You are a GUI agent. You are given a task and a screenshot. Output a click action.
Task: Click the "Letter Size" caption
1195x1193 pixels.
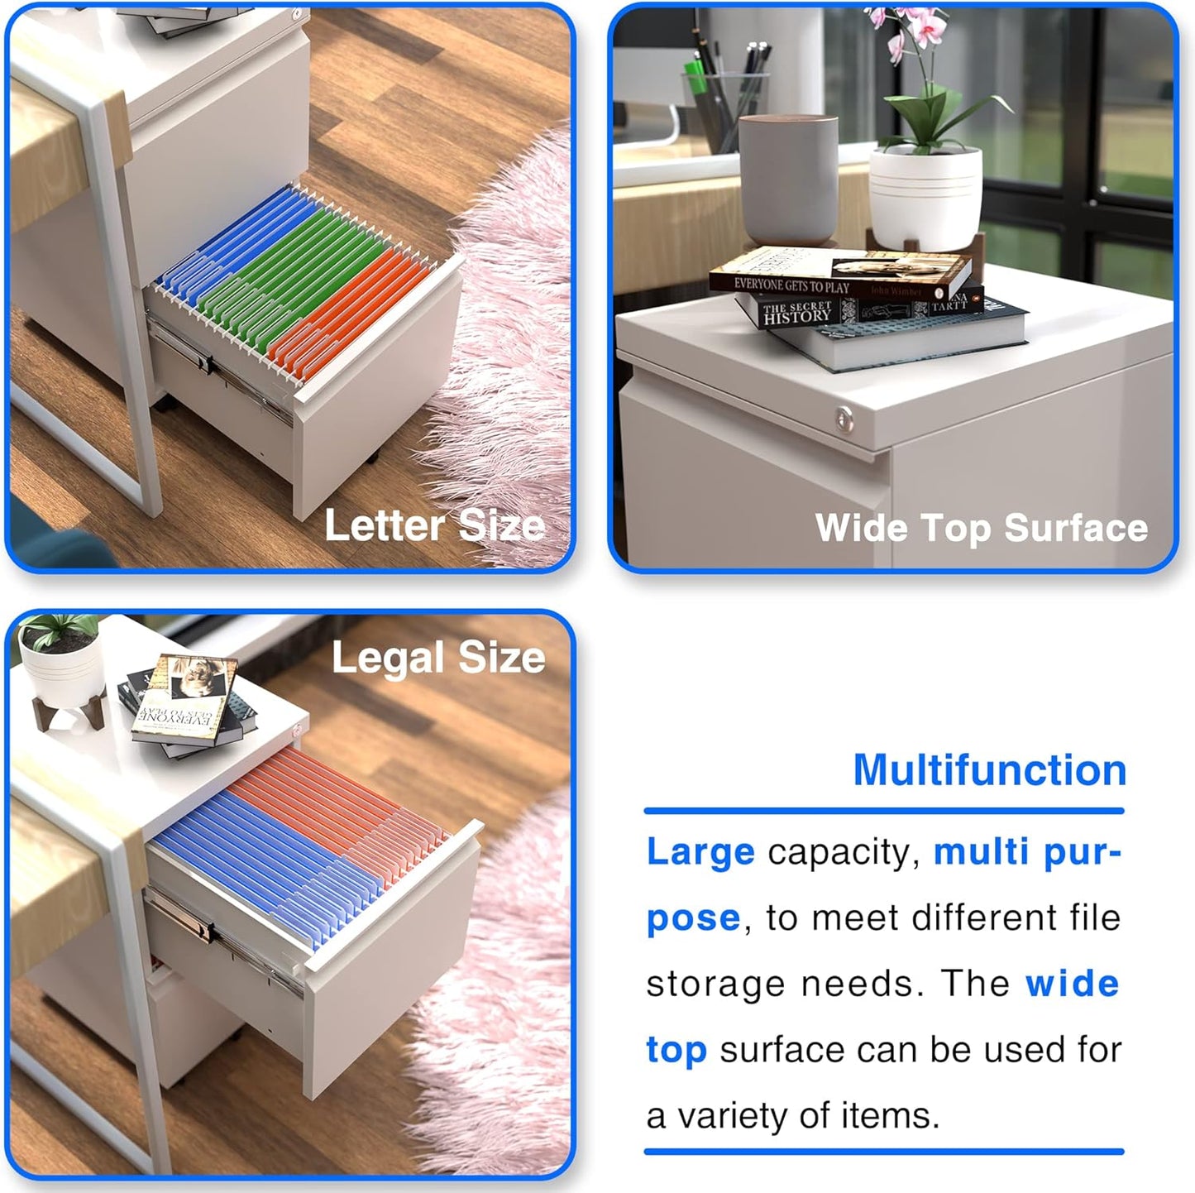(x=434, y=525)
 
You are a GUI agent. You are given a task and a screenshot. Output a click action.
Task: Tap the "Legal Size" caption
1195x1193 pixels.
(x=438, y=659)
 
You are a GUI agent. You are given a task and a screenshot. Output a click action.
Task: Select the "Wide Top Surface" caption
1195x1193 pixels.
(x=981, y=528)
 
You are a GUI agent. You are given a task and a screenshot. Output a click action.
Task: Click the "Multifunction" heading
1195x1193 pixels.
(x=989, y=770)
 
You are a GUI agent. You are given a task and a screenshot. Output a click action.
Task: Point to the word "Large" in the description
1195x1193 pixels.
(x=700, y=852)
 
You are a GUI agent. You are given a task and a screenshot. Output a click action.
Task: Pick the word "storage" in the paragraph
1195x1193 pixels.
(x=716, y=985)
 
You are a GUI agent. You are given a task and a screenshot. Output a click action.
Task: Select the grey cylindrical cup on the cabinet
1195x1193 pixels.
(x=788, y=180)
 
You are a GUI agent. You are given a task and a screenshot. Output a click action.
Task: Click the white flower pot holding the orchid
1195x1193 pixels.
(x=926, y=199)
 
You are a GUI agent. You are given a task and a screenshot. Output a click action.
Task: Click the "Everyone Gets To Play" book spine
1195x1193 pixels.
(x=791, y=286)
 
